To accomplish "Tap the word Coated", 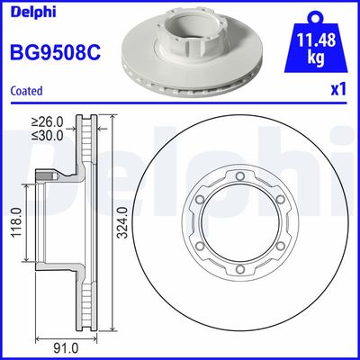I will (x=26, y=90).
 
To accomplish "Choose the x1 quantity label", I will (x=339, y=90).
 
